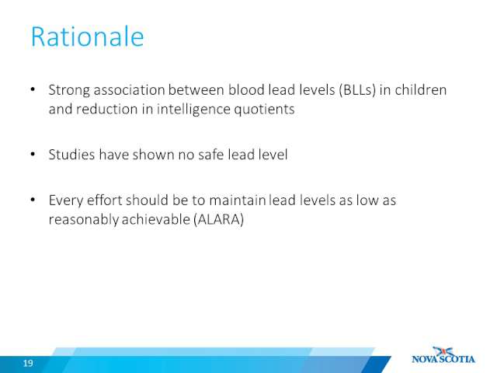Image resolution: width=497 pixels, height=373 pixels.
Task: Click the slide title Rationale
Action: tap(88, 37)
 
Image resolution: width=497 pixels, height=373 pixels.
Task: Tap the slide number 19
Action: tap(28, 363)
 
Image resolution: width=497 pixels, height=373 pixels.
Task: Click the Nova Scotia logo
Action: tap(443, 355)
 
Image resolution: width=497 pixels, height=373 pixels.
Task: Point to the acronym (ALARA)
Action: tap(218, 219)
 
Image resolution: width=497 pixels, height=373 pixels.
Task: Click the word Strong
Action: tap(69, 91)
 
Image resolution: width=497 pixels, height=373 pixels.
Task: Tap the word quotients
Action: tap(264, 110)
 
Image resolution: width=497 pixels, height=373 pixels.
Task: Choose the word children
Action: tap(421, 90)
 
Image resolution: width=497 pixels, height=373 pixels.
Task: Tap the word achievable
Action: tap(155, 219)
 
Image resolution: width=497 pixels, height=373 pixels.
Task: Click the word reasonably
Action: tap(84, 220)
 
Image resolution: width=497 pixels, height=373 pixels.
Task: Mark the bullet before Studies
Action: tap(33, 155)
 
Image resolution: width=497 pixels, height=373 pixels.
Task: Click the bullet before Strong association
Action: tap(33, 90)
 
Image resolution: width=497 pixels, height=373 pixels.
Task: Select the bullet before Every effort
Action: tap(33, 200)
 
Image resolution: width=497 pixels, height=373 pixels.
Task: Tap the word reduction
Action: tap(107, 110)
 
